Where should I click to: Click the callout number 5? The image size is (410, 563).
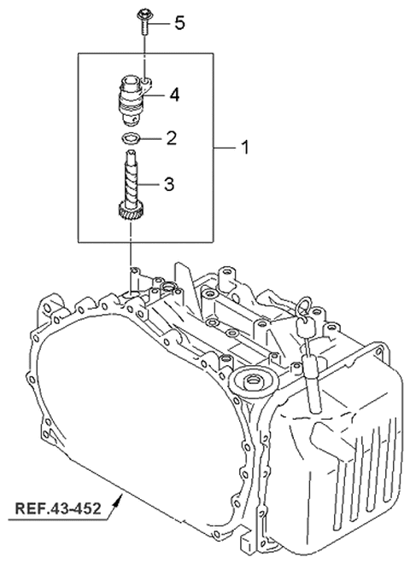179,23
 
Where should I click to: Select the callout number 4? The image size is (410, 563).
173,94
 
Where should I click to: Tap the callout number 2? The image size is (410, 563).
171,136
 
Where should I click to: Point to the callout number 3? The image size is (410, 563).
170,182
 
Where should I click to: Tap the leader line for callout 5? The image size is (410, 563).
160,22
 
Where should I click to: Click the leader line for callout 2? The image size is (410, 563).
152,137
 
